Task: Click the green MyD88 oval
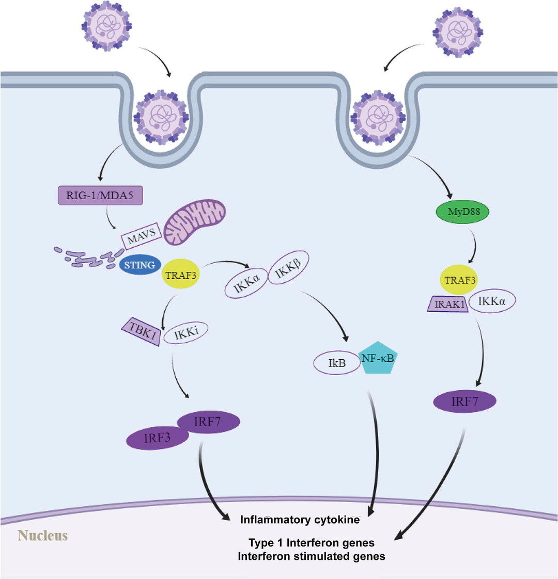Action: click(x=461, y=212)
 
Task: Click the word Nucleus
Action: click(x=43, y=535)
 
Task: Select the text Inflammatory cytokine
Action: click(x=300, y=520)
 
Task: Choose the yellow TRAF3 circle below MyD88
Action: click(x=458, y=280)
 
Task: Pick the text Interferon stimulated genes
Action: click(x=311, y=556)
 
